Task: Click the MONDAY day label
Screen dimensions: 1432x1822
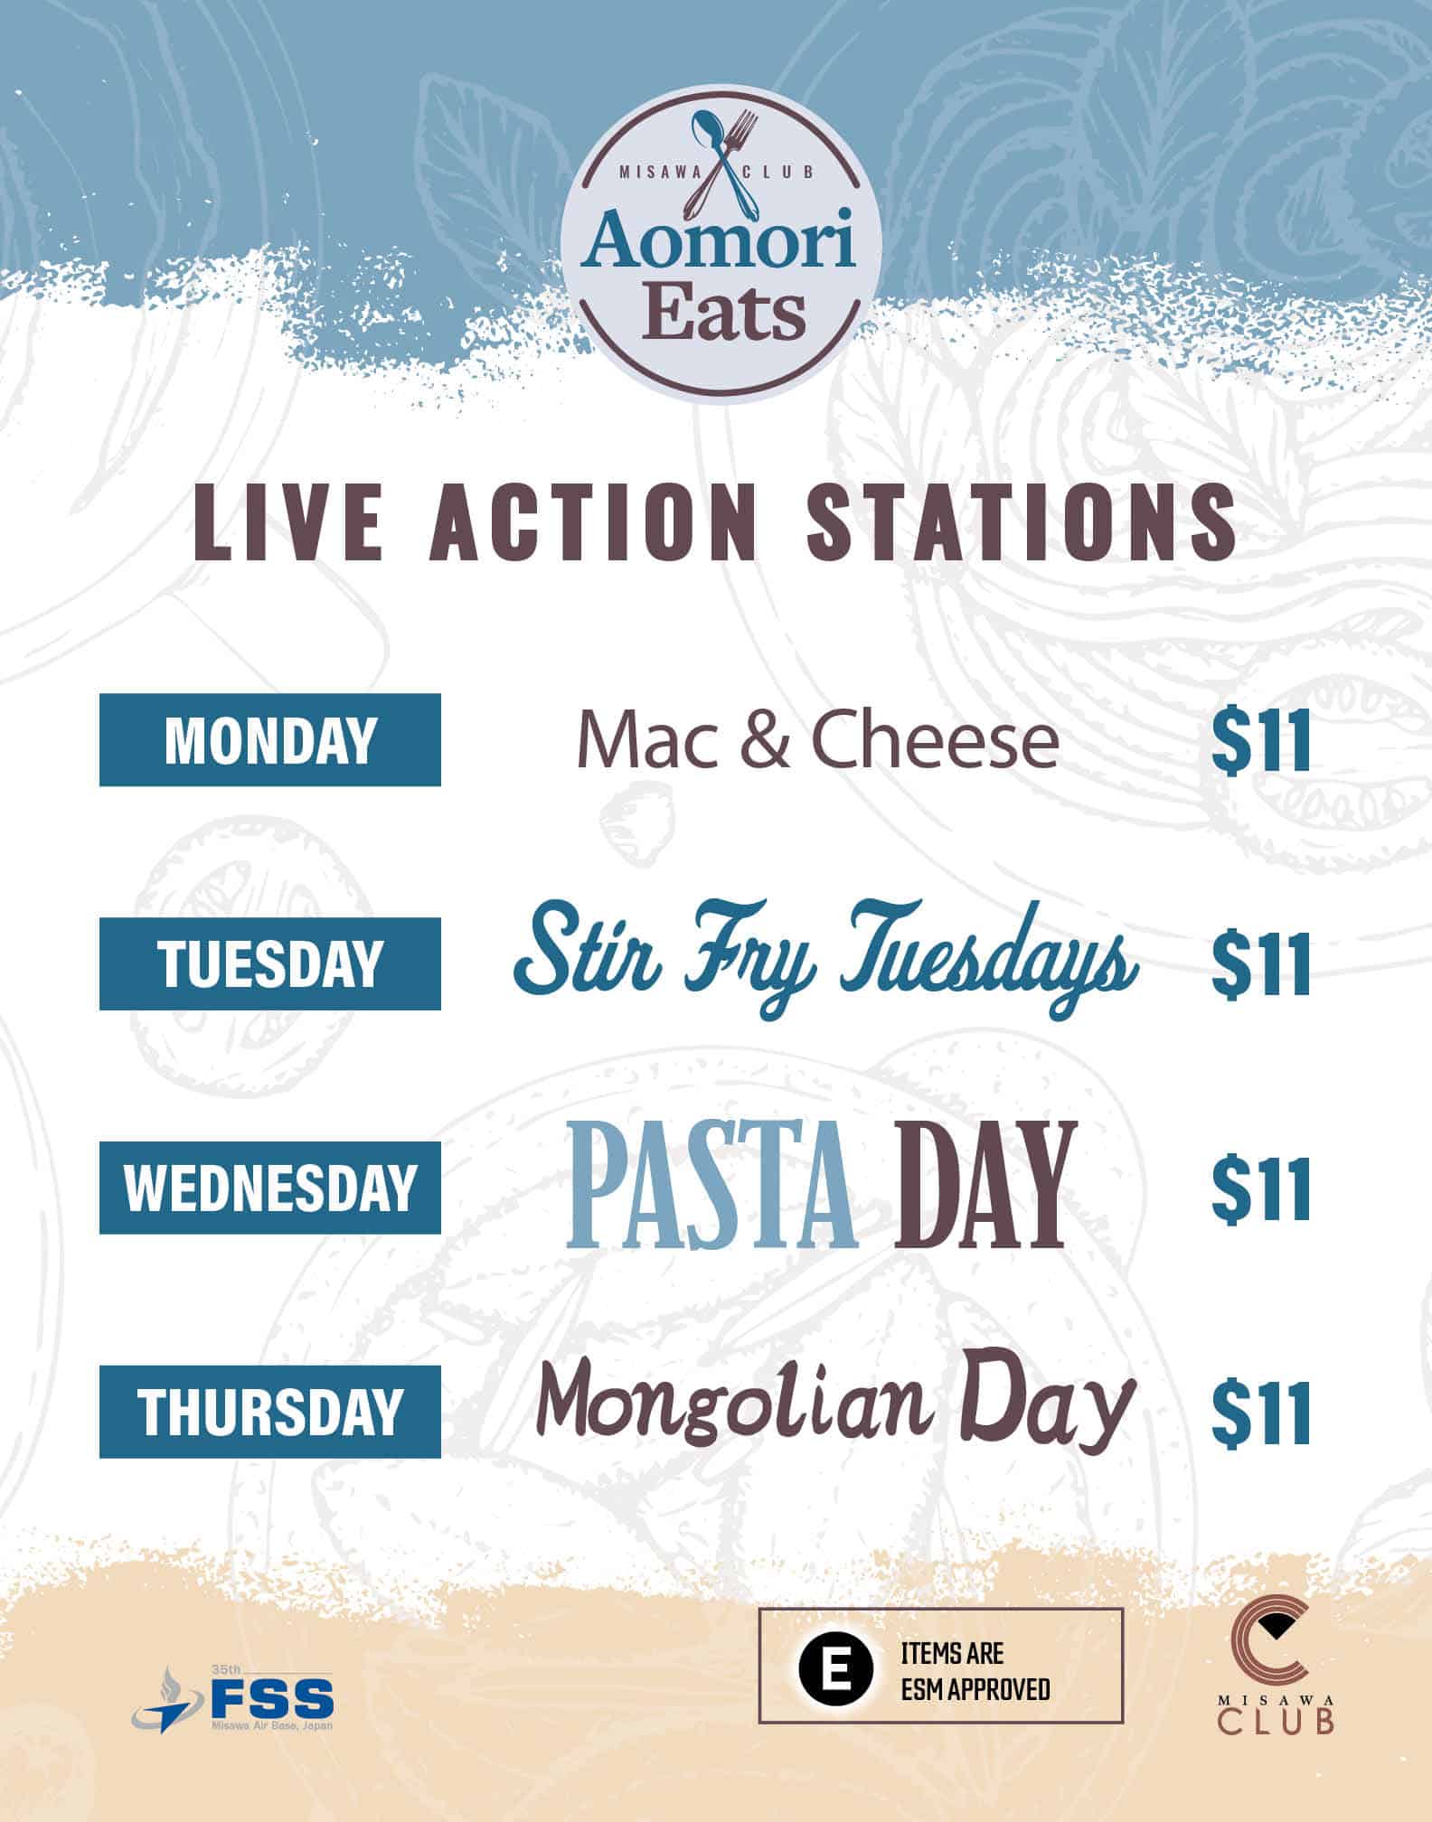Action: coord(270,740)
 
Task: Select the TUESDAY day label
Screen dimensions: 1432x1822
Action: coord(270,963)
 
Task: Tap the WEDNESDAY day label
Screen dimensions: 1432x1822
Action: coord(270,1188)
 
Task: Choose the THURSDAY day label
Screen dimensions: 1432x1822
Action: coord(270,1412)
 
